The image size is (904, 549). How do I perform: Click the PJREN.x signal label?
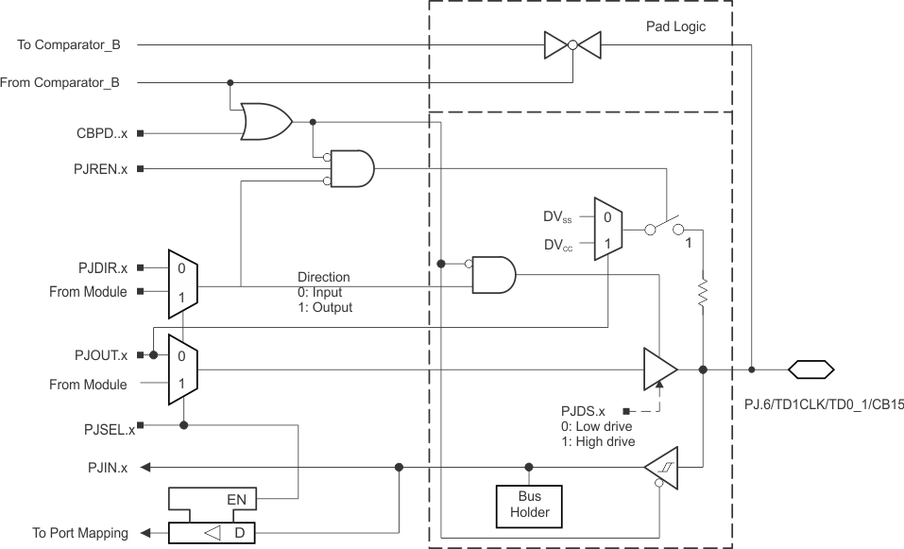(x=102, y=169)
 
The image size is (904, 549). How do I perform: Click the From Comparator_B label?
(x=60, y=82)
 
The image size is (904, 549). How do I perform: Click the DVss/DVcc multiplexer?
(x=606, y=230)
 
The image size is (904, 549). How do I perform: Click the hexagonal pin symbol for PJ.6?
(x=811, y=369)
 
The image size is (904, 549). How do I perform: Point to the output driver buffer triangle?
(x=659, y=369)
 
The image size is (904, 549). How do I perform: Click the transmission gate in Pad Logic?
(x=572, y=44)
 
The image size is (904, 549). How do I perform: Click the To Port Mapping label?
(x=80, y=533)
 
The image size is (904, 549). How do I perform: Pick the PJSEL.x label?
(x=104, y=431)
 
